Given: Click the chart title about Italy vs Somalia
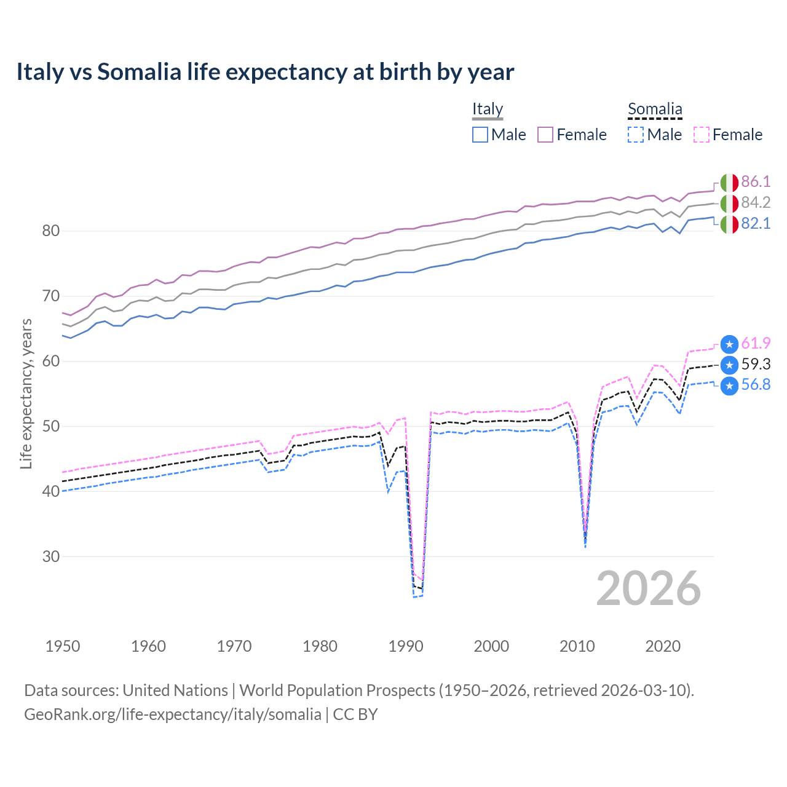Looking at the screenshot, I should coord(265,72).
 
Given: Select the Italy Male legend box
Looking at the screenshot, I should coord(480,135).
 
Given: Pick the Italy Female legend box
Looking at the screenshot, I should coord(545,135).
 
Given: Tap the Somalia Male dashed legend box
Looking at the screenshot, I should coord(636,135).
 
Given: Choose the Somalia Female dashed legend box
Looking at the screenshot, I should coord(702,135).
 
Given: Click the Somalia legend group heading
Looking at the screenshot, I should coord(655,109).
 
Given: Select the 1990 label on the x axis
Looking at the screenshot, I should coord(406,646).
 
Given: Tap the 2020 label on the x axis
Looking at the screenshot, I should coord(663,646).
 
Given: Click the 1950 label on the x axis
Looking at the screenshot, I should coord(63,646).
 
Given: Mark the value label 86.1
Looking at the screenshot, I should coord(756,181).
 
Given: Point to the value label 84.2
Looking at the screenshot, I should coord(756,202).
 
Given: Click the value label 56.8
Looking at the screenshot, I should coord(756,385).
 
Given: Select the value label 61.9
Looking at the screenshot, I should coord(756,343).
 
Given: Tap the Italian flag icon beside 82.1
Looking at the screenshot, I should coord(729,224).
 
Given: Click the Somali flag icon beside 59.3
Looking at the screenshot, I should coord(729,365).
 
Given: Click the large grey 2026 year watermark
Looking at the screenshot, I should coord(649,588).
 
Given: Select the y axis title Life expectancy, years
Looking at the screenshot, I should coord(26,394).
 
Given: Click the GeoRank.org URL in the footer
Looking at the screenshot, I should coord(173,714).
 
